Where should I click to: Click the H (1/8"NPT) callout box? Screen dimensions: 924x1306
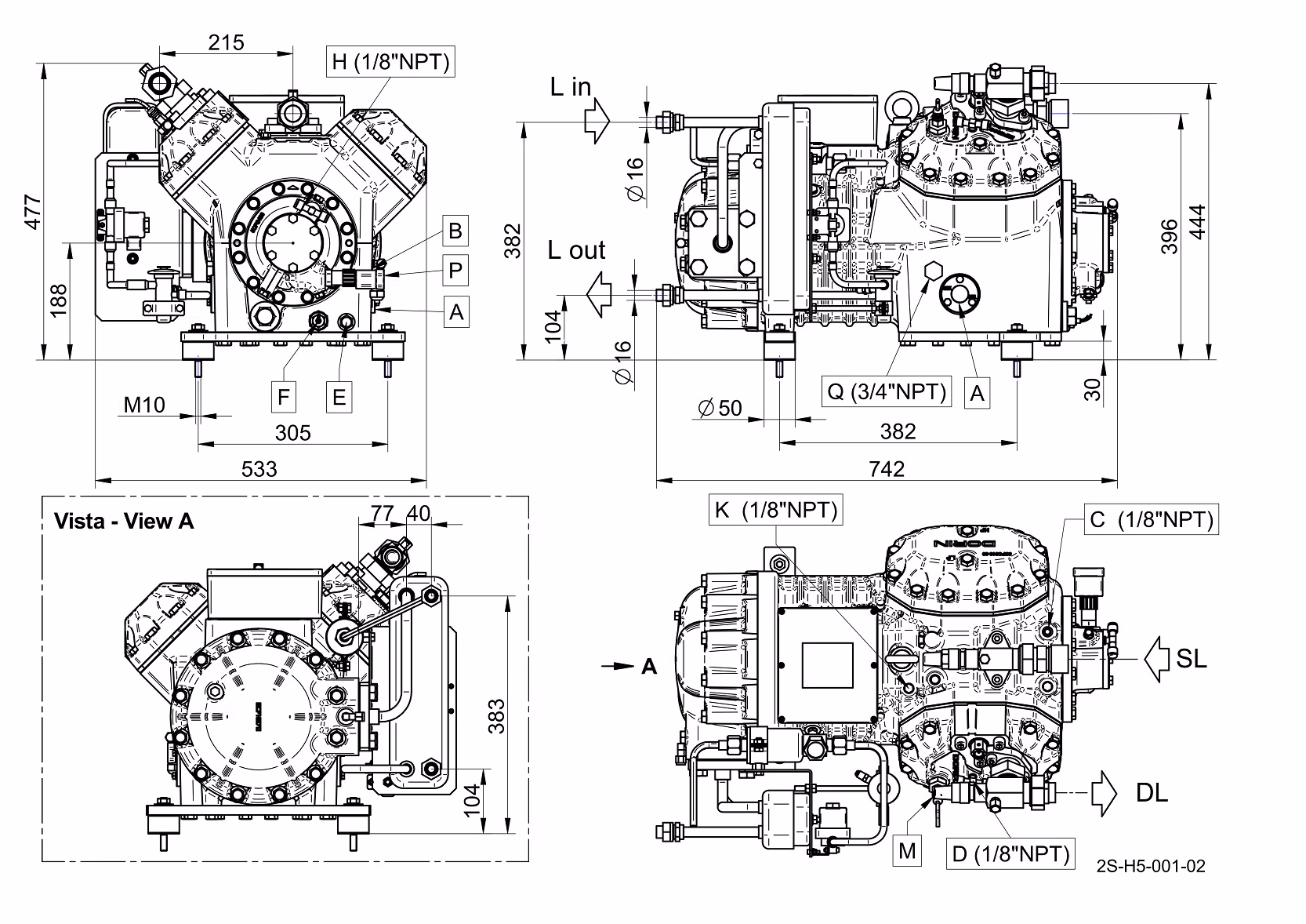[x=390, y=62]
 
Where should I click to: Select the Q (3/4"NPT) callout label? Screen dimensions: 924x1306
[x=887, y=391]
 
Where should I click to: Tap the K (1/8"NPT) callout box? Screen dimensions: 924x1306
[x=775, y=511]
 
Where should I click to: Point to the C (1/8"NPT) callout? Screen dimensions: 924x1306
[x=1152, y=519]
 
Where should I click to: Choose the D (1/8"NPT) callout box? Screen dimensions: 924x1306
[x=1010, y=853]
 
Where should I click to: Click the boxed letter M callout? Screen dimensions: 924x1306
[x=907, y=851]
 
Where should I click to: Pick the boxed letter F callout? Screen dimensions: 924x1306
[x=284, y=397]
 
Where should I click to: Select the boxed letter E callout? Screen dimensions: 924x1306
[x=339, y=397]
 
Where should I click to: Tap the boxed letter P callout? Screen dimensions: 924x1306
[x=455, y=271]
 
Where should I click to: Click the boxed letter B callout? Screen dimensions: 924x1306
[x=455, y=231]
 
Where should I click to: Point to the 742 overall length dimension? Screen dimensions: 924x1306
[x=887, y=468]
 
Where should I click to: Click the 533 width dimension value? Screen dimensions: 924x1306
[x=259, y=468]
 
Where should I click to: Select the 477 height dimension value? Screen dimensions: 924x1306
[x=32, y=212]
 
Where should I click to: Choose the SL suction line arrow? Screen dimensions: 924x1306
[x=1157, y=659]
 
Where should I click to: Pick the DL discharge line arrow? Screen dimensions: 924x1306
[x=1104, y=793]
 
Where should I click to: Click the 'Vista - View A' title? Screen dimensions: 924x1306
[x=124, y=522]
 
